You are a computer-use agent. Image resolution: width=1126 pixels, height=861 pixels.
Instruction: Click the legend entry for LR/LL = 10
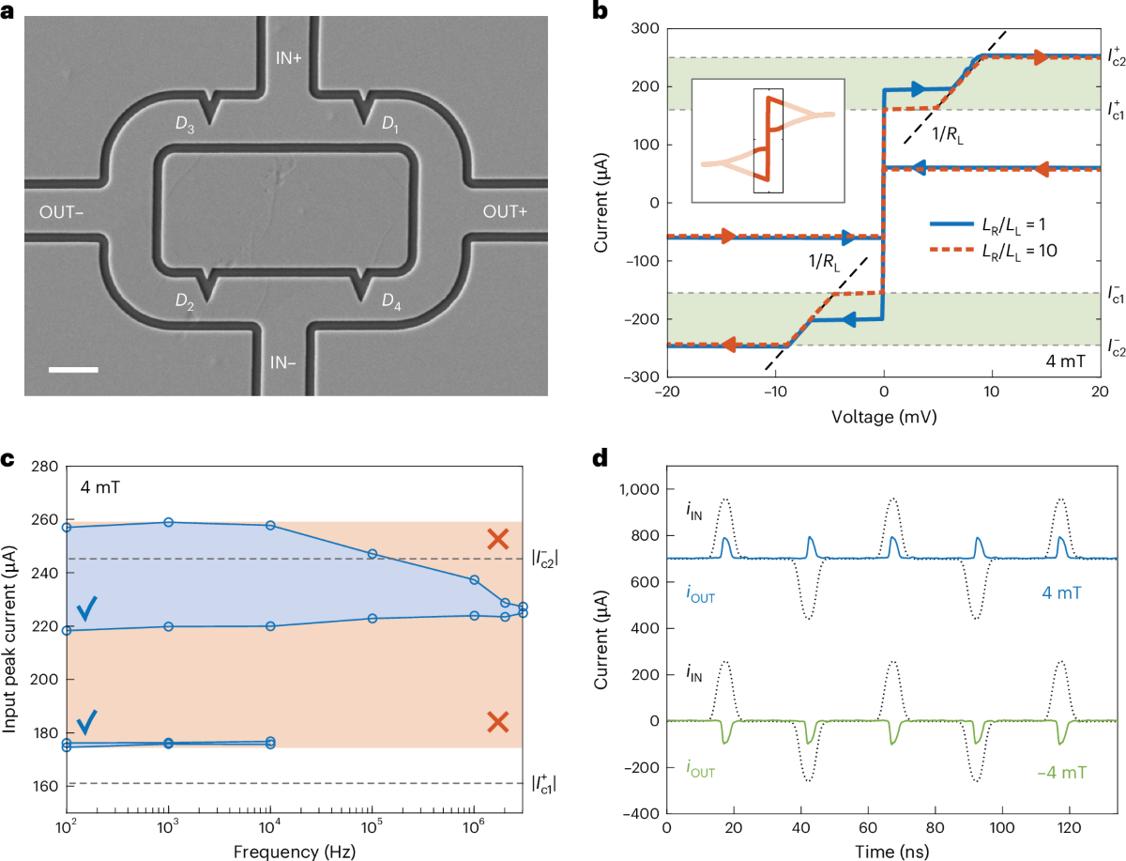pos(1006,250)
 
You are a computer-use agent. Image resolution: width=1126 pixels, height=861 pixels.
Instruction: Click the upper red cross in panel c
pos(498,539)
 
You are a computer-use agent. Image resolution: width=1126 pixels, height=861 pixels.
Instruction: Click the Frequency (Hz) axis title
pos(298,849)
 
